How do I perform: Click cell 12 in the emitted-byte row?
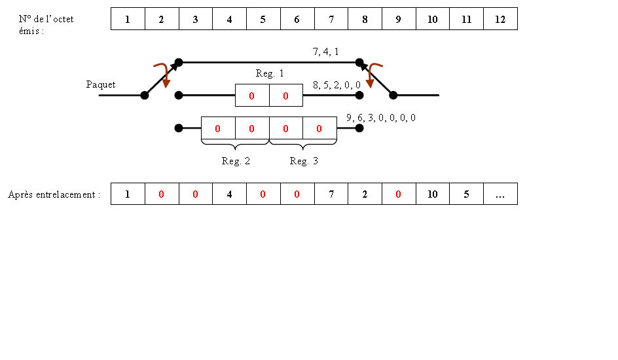pyautogui.click(x=500, y=19)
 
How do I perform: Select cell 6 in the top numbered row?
pyautogui.click(x=297, y=19)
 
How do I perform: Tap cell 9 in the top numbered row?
pyautogui.click(x=399, y=19)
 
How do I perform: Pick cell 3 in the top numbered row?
pyautogui.click(x=195, y=19)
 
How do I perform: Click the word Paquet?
pyautogui.click(x=101, y=84)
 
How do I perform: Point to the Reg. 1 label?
pyautogui.click(x=270, y=74)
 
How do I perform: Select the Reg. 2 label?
pyautogui.click(x=236, y=162)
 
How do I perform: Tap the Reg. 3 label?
pyautogui.click(x=304, y=162)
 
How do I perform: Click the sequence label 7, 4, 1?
pyautogui.click(x=325, y=51)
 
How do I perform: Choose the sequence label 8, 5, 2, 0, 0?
pyautogui.click(x=336, y=84)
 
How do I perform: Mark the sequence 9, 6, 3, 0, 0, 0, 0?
pyautogui.click(x=380, y=118)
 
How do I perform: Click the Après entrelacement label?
pyautogui.click(x=54, y=194)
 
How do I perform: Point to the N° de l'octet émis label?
pyautogui.click(x=46, y=25)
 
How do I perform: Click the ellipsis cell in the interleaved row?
pyautogui.click(x=500, y=194)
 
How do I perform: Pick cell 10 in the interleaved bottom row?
pyautogui.click(x=432, y=194)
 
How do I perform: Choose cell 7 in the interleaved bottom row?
pyautogui.click(x=331, y=194)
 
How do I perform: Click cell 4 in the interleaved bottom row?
pyautogui.click(x=229, y=194)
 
